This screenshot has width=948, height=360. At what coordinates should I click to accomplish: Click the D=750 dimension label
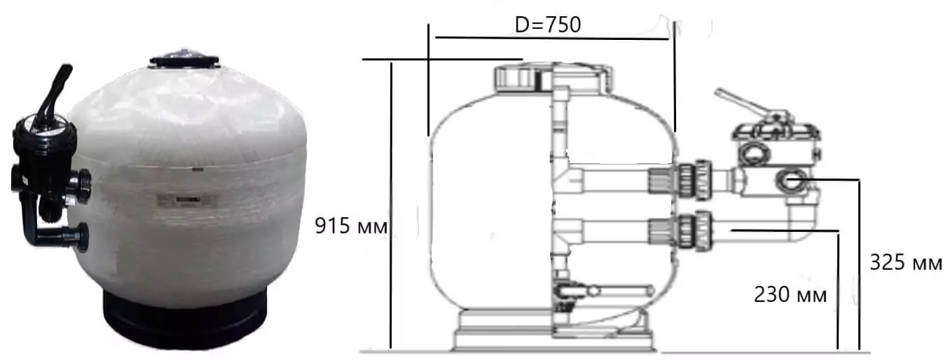tap(548, 25)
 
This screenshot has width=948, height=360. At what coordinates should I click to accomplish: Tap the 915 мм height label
tap(351, 226)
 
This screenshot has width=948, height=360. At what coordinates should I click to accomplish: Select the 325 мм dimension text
tap(906, 262)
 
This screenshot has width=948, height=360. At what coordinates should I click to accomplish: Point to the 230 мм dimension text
tap(790, 294)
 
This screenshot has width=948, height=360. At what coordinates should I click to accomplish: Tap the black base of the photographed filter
tap(185, 317)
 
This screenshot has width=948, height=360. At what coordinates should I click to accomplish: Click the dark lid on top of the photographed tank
tap(184, 60)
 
